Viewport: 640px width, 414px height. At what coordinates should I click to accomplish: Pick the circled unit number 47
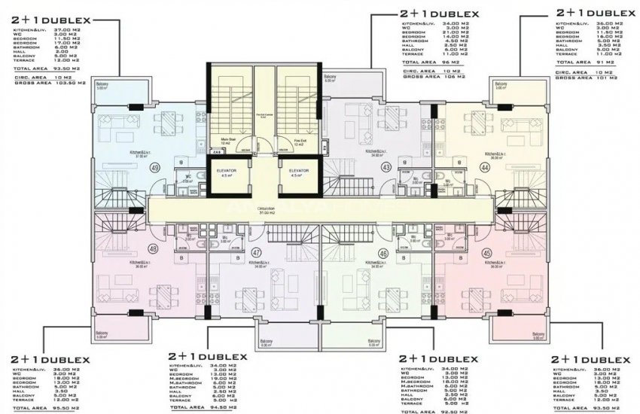point(257,253)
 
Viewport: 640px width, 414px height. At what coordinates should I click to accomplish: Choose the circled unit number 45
point(486,252)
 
